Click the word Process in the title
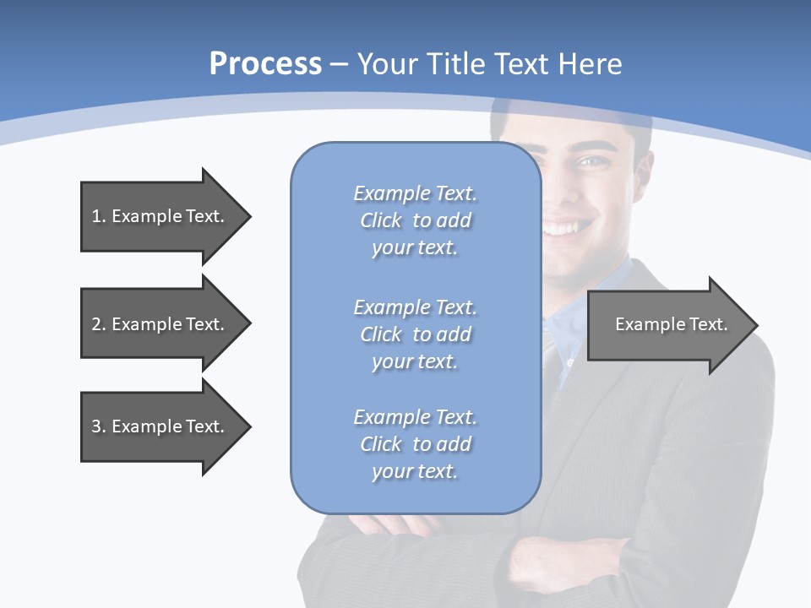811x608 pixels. tap(265, 64)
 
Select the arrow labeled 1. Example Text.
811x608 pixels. tap(157, 216)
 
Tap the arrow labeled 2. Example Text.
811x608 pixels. tap(157, 324)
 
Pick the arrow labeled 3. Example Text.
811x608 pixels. tap(157, 426)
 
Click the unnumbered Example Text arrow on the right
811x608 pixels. tap(671, 324)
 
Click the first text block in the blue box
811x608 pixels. tap(415, 220)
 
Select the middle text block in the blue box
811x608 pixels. tap(415, 334)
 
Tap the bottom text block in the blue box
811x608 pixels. tap(415, 444)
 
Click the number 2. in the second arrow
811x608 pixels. tap(98, 324)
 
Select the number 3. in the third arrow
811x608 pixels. tap(98, 426)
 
